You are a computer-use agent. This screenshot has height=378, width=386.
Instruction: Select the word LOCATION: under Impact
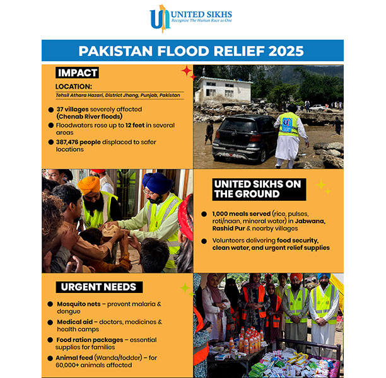(x=73, y=86)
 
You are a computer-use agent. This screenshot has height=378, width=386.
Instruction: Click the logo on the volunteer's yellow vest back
(x=288, y=122)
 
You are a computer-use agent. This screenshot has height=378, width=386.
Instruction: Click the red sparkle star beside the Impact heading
(x=187, y=71)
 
